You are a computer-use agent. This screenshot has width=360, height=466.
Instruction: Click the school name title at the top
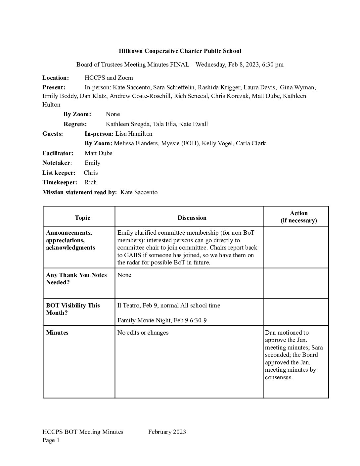click(180, 51)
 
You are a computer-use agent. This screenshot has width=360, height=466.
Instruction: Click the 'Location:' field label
click(56, 78)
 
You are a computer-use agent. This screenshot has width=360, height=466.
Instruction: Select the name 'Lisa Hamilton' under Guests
click(134, 134)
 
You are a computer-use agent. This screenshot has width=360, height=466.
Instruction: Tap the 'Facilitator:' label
click(58, 153)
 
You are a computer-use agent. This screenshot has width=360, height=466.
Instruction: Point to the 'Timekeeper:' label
click(60, 182)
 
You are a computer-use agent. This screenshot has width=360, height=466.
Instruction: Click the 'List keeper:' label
click(59, 173)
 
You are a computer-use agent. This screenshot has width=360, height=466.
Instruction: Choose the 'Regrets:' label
click(75, 124)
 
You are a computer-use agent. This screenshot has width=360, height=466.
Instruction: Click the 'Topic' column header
click(82, 218)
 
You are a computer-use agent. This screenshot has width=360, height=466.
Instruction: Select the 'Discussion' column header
click(192, 218)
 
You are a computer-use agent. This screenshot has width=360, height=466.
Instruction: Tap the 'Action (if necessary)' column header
click(298, 217)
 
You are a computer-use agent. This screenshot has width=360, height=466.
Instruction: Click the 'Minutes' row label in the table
click(57, 333)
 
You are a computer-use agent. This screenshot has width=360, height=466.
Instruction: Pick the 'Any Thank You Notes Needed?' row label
click(76, 279)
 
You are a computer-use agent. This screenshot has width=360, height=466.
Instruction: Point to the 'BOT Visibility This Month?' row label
click(73, 309)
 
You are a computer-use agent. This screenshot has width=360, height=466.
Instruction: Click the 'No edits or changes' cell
click(143, 333)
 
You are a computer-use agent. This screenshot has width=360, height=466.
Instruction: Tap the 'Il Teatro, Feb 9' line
click(169, 305)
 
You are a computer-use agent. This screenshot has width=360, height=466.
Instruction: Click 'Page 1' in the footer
click(51, 440)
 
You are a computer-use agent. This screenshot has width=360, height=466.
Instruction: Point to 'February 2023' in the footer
click(167, 432)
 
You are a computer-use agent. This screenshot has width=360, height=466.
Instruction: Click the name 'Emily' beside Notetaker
click(93, 163)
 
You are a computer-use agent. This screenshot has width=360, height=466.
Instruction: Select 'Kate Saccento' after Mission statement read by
click(139, 192)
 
